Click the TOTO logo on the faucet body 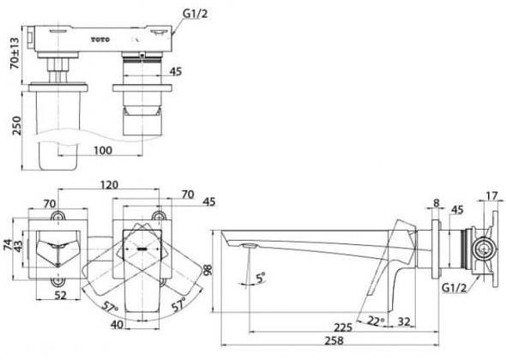pyautogui.click(x=102, y=39)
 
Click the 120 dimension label pyautogui.click(x=107, y=185)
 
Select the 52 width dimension pyautogui.click(x=59, y=295)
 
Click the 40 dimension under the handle pyautogui.click(x=116, y=323)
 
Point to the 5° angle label pyautogui.click(x=260, y=277)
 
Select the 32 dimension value pyautogui.click(x=403, y=321)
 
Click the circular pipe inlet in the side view pyautogui.click(x=482, y=251)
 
